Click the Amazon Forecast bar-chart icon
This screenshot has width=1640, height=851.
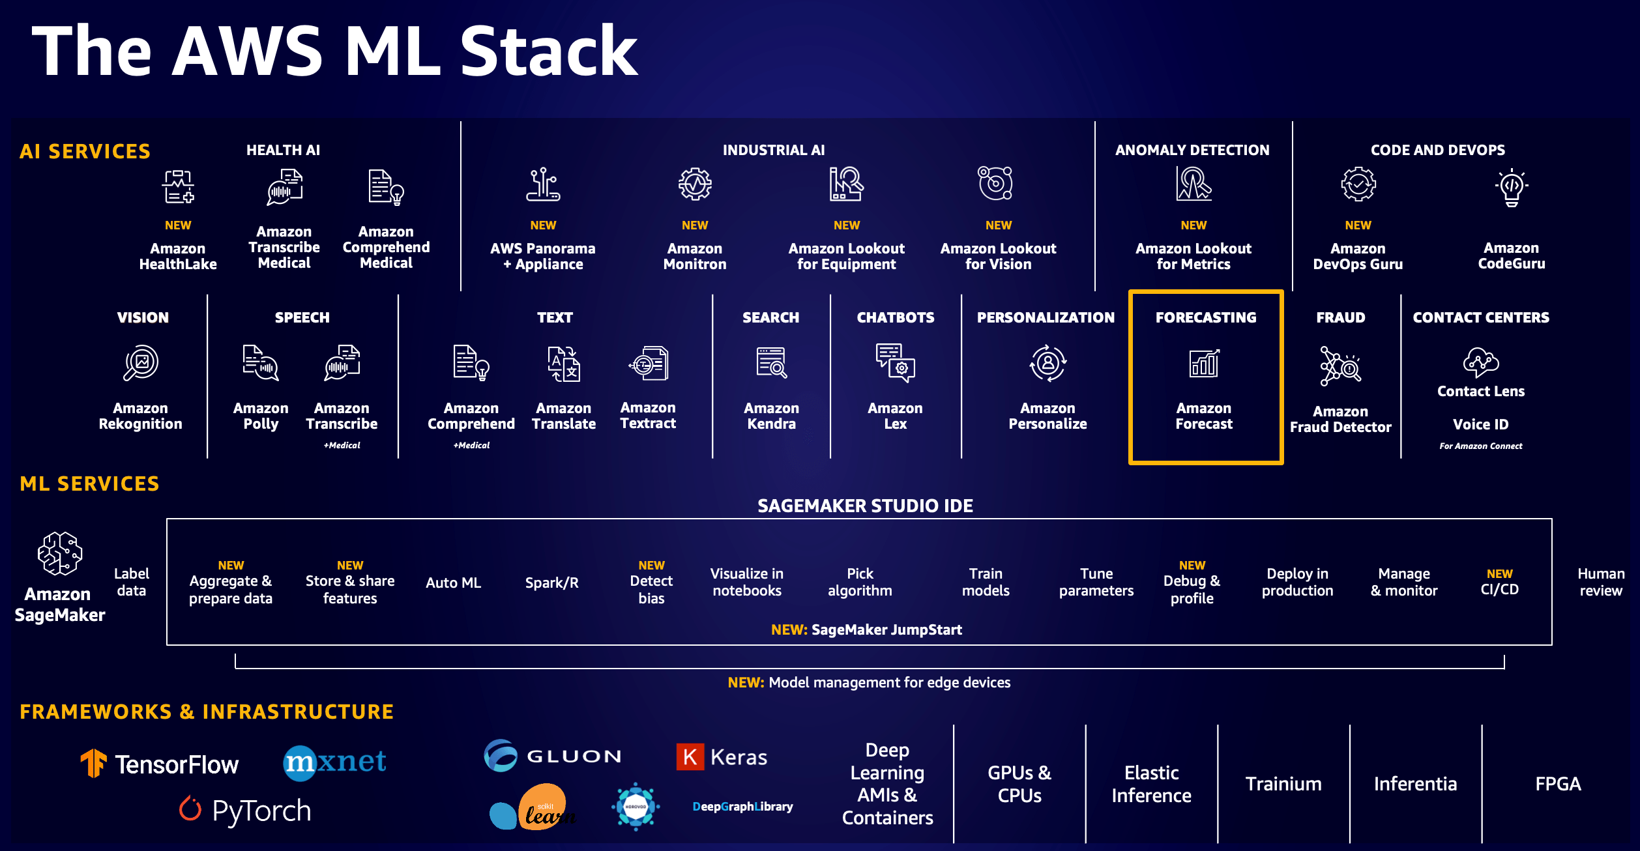tap(1204, 363)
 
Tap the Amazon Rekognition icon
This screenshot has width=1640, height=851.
tap(141, 364)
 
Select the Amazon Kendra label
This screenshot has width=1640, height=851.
tap(771, 416)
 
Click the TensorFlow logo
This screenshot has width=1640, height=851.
tap(160, 764)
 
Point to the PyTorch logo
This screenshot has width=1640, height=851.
tap(246, 811)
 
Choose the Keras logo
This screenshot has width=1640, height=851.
tap(722, 757)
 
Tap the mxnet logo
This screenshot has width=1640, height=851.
tap(335, 762)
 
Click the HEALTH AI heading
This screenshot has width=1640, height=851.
tap(283, 151)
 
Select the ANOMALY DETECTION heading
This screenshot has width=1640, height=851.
tap(1192, 151)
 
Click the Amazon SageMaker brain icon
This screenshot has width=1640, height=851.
tap(60, 554)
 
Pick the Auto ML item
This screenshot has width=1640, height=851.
tap(453, 583)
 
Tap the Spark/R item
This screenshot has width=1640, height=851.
tap(551, 583)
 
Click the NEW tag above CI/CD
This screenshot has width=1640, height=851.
tap(1499, 574)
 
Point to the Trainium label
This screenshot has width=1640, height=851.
tap(1283, 784)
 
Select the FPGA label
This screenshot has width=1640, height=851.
tap(1558, 784)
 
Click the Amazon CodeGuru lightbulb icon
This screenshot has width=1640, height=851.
tap(1512, 188)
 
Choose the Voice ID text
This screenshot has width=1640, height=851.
tap(1480, 425)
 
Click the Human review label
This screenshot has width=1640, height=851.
tap(1600, 583)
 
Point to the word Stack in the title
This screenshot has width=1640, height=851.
tap(549, 52)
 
